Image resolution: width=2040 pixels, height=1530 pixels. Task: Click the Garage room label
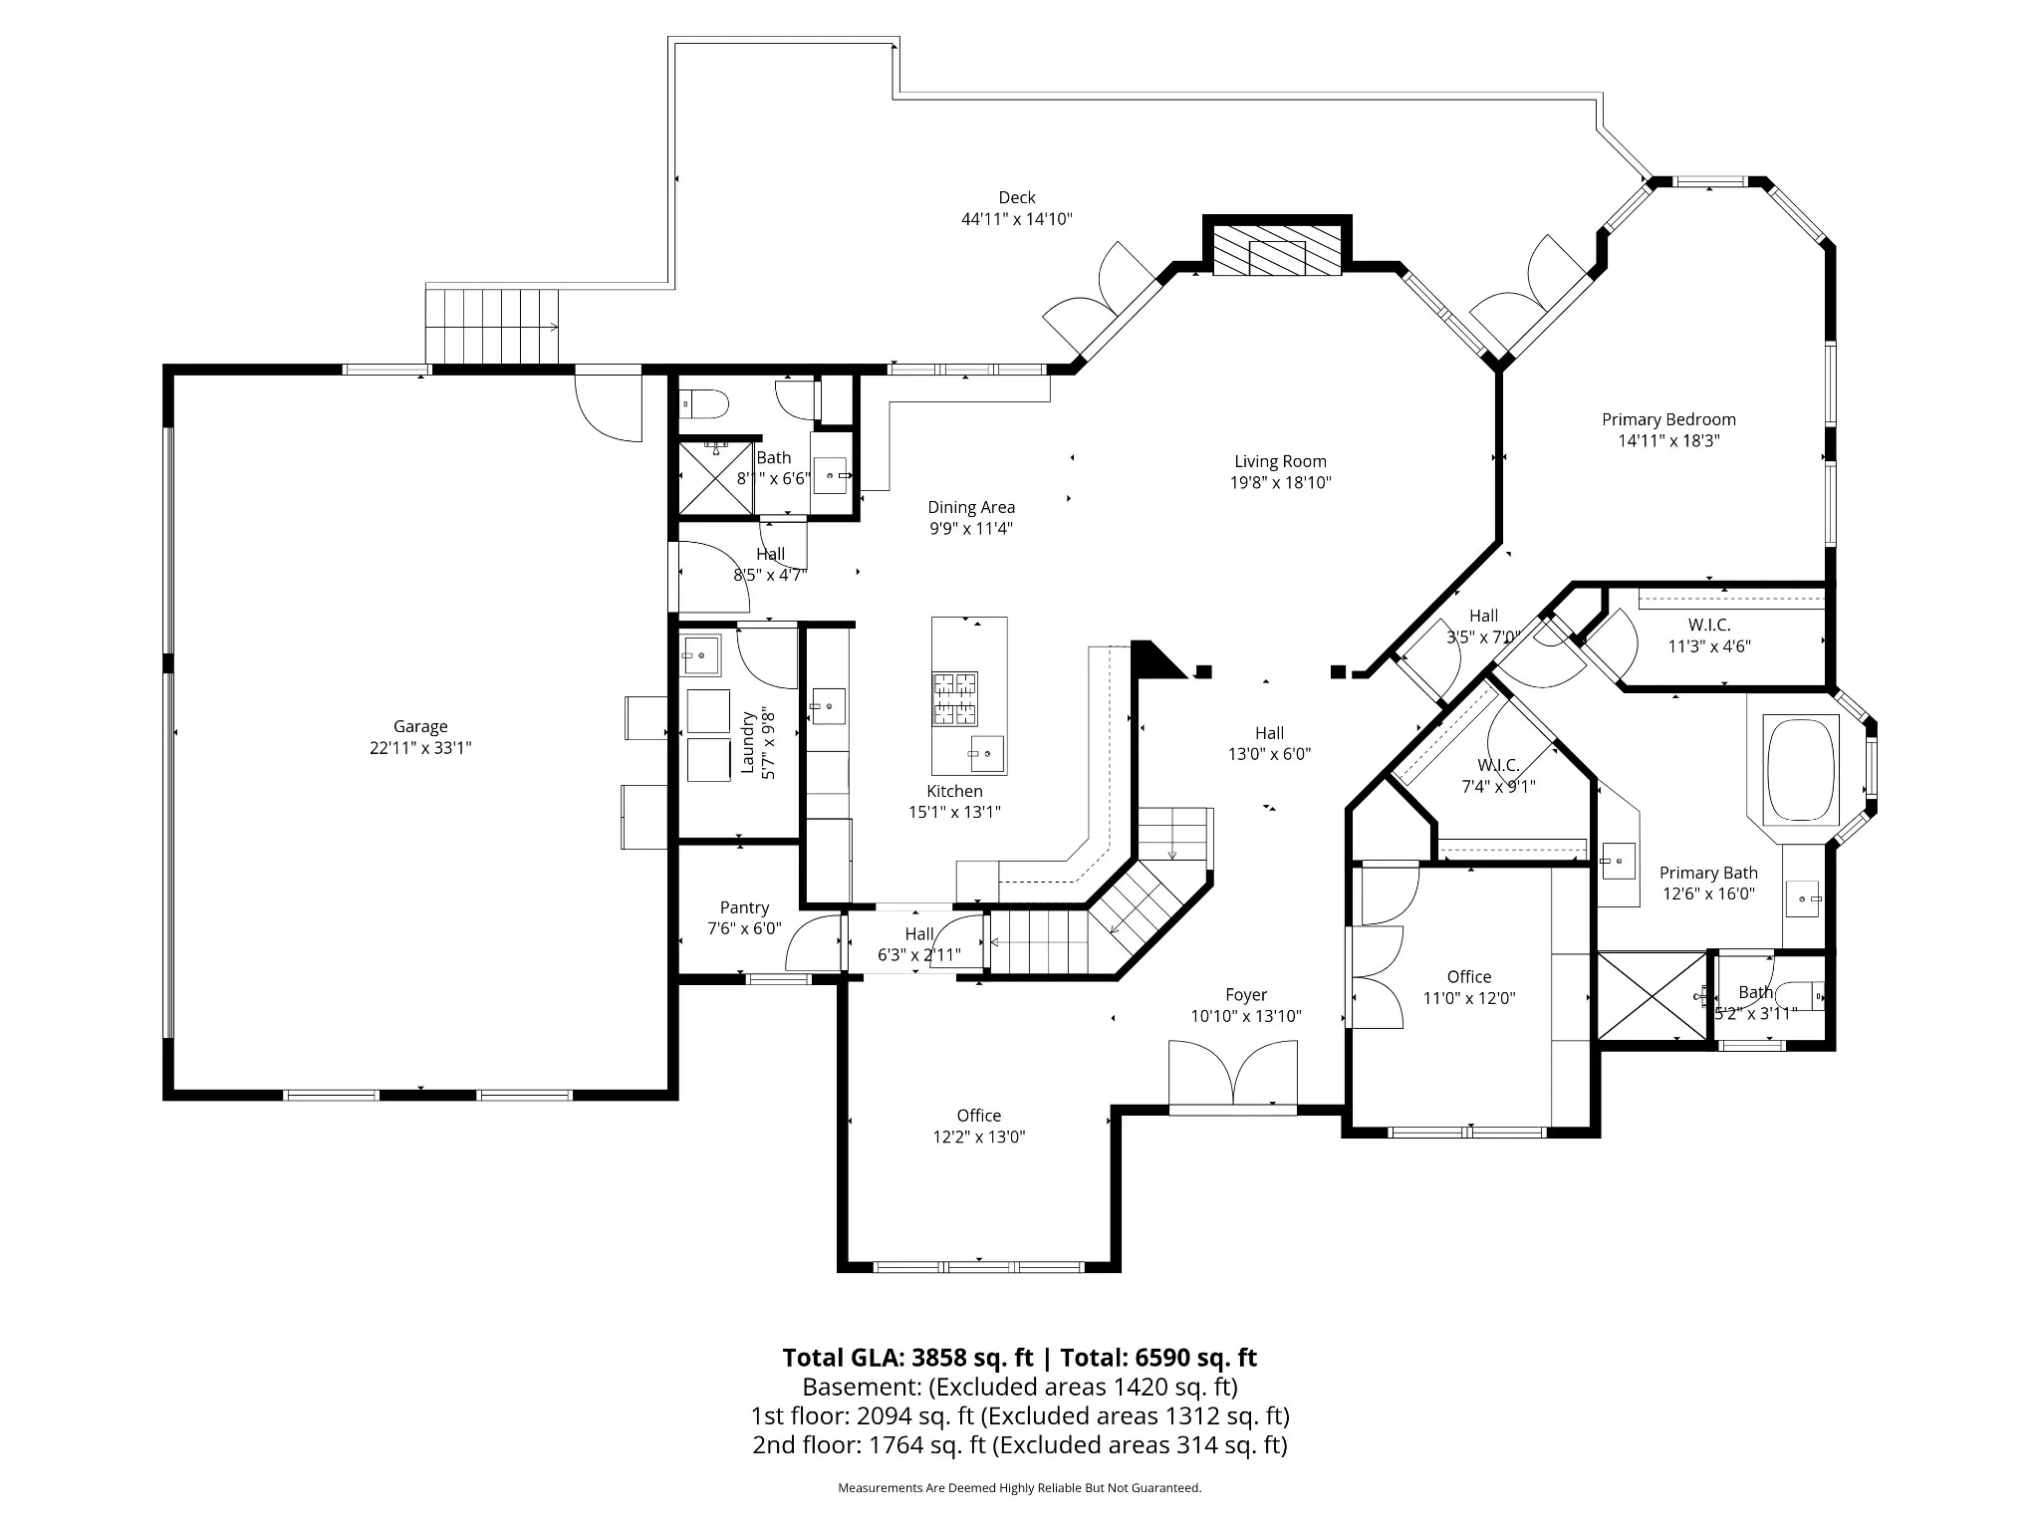420,727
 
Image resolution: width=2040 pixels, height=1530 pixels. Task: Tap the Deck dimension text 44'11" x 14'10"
1016,219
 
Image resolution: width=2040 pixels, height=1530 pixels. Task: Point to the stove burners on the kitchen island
954,699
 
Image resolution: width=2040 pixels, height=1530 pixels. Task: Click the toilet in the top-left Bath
704,404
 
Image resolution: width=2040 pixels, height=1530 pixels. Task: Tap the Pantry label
744,907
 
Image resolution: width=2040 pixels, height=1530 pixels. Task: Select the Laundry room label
747,742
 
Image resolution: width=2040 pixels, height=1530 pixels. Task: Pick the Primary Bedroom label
1668,419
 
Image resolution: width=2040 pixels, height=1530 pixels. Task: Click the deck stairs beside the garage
492,326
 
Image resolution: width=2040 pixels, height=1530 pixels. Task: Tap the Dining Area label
971,507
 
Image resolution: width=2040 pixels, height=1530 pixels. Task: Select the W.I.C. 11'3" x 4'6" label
1709,636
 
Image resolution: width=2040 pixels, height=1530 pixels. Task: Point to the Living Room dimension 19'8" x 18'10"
1280,483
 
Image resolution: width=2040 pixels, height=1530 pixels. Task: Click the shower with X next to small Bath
1653,996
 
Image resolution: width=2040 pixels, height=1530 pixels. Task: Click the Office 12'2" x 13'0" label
979,1126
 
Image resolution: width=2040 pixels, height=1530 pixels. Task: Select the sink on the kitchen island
987,753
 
